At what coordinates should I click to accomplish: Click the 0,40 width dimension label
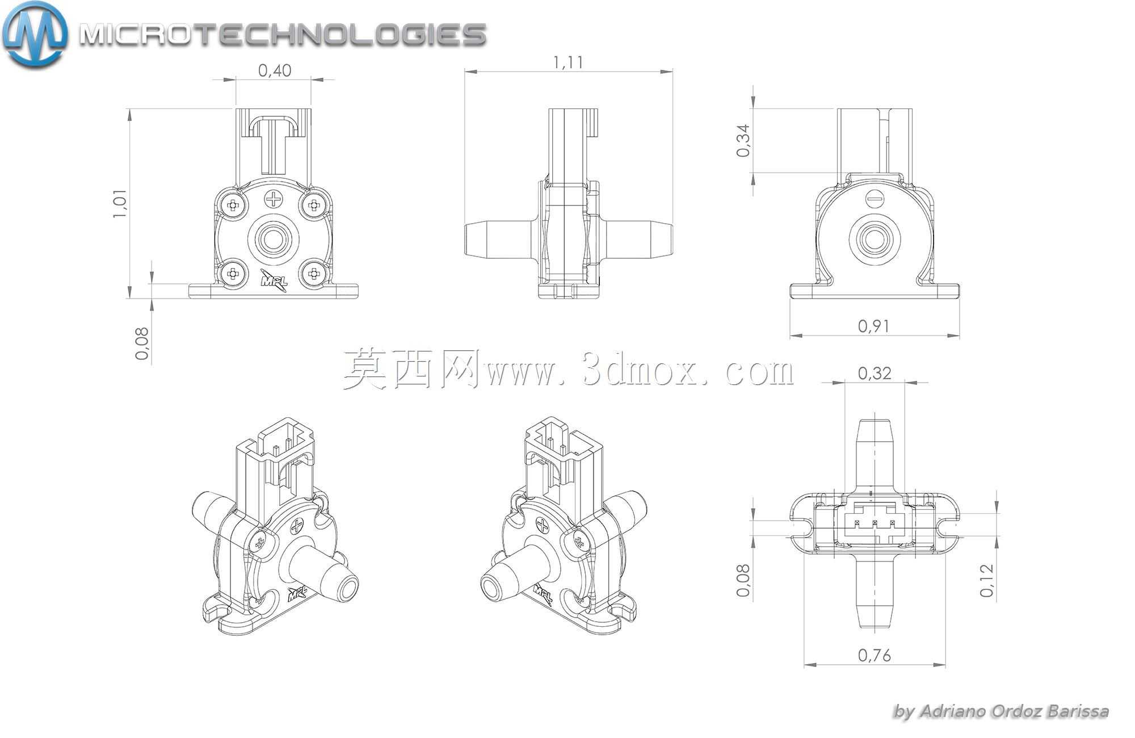click(275, 70)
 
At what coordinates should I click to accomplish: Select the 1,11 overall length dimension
click(568, 62)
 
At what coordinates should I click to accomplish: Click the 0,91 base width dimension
click(875, 326)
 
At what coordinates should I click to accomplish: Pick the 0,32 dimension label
click(875, 373)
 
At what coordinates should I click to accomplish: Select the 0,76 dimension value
click(875, 655)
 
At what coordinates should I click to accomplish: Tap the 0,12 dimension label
click(987, 580)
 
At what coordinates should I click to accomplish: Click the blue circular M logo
click(34, 34)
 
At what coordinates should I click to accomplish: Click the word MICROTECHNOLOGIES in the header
click(282, 35)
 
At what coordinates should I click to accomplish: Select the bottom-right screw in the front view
click(313, 273)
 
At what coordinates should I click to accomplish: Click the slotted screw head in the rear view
click(875, 199)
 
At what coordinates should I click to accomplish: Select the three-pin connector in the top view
click(875, 522)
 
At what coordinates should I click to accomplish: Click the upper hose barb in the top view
click(875, 455)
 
